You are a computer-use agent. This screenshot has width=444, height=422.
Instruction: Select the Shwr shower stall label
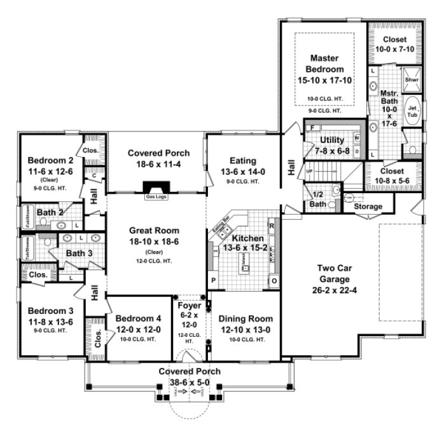pos(412,81)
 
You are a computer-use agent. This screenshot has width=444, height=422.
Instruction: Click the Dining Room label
pos(246,318)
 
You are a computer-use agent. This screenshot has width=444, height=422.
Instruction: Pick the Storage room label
pos(368,207)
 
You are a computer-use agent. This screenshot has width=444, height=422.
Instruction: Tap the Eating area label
pos(242,161)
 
